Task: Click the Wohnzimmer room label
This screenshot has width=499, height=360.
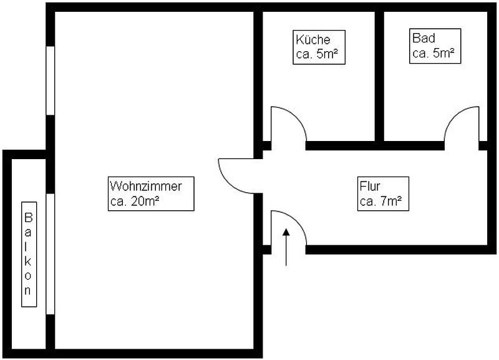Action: click(151, 193)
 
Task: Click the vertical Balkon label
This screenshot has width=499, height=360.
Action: click(29, 255)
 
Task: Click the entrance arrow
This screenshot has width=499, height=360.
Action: click(286, 247)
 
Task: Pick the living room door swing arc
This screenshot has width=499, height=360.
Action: click(228, 183)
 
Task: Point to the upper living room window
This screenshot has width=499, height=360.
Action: click(51, 80)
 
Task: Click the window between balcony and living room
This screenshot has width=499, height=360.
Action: click(51, 254)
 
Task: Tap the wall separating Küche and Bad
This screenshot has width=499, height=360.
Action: click(379, 76)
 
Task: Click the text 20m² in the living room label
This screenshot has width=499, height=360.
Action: click(145, 201)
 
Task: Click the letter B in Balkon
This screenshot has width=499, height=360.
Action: click(29, 218)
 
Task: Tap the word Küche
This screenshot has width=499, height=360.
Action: click(313, 39)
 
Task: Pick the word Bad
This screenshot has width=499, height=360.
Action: click(424, 38)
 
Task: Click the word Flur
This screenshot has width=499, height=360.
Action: click(370, 186)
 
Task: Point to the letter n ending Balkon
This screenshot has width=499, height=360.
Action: click(28, 291)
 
